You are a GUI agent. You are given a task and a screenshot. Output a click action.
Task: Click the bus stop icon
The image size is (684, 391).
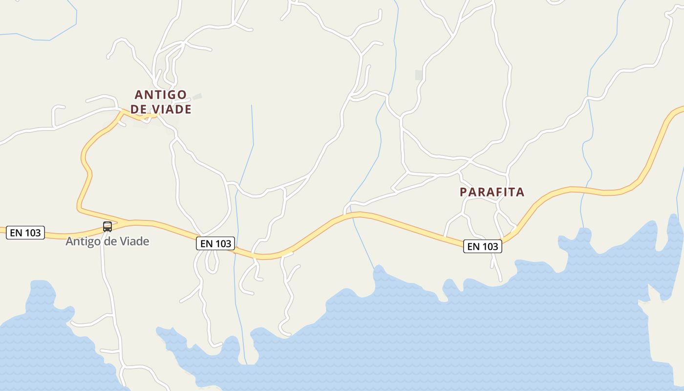(x=107, y=227)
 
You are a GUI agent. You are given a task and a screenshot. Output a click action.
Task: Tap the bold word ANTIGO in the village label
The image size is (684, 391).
(x=161, y=94)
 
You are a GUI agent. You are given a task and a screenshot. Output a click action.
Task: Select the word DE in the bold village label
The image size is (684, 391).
(x=138, y=109)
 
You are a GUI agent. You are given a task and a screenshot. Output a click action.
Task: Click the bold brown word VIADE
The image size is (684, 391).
(x=171, y=109)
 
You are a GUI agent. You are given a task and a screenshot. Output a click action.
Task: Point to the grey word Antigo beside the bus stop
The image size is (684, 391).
(x=81, y=241)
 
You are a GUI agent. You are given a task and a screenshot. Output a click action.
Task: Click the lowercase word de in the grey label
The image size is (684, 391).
(x=108, y=241)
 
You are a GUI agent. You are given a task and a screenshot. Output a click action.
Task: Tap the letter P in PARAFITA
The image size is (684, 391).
(x=464, y=192)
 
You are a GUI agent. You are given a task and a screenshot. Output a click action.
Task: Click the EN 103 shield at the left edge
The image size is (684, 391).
(x=25, y=233)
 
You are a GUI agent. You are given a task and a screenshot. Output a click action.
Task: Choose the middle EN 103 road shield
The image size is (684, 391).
(x=215, y=243)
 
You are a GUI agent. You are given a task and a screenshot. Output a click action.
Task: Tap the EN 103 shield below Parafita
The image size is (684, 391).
(x=483, y=247)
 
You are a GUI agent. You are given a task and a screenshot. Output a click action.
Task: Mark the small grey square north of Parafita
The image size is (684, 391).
(x=419, y=75)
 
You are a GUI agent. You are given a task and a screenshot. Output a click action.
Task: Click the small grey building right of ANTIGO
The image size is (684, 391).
(x=197, y=97)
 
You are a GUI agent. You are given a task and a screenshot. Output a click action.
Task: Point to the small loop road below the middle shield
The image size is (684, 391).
(x=212, y=262)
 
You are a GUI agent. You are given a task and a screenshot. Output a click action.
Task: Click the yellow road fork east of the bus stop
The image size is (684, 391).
(x=127, y=222)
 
